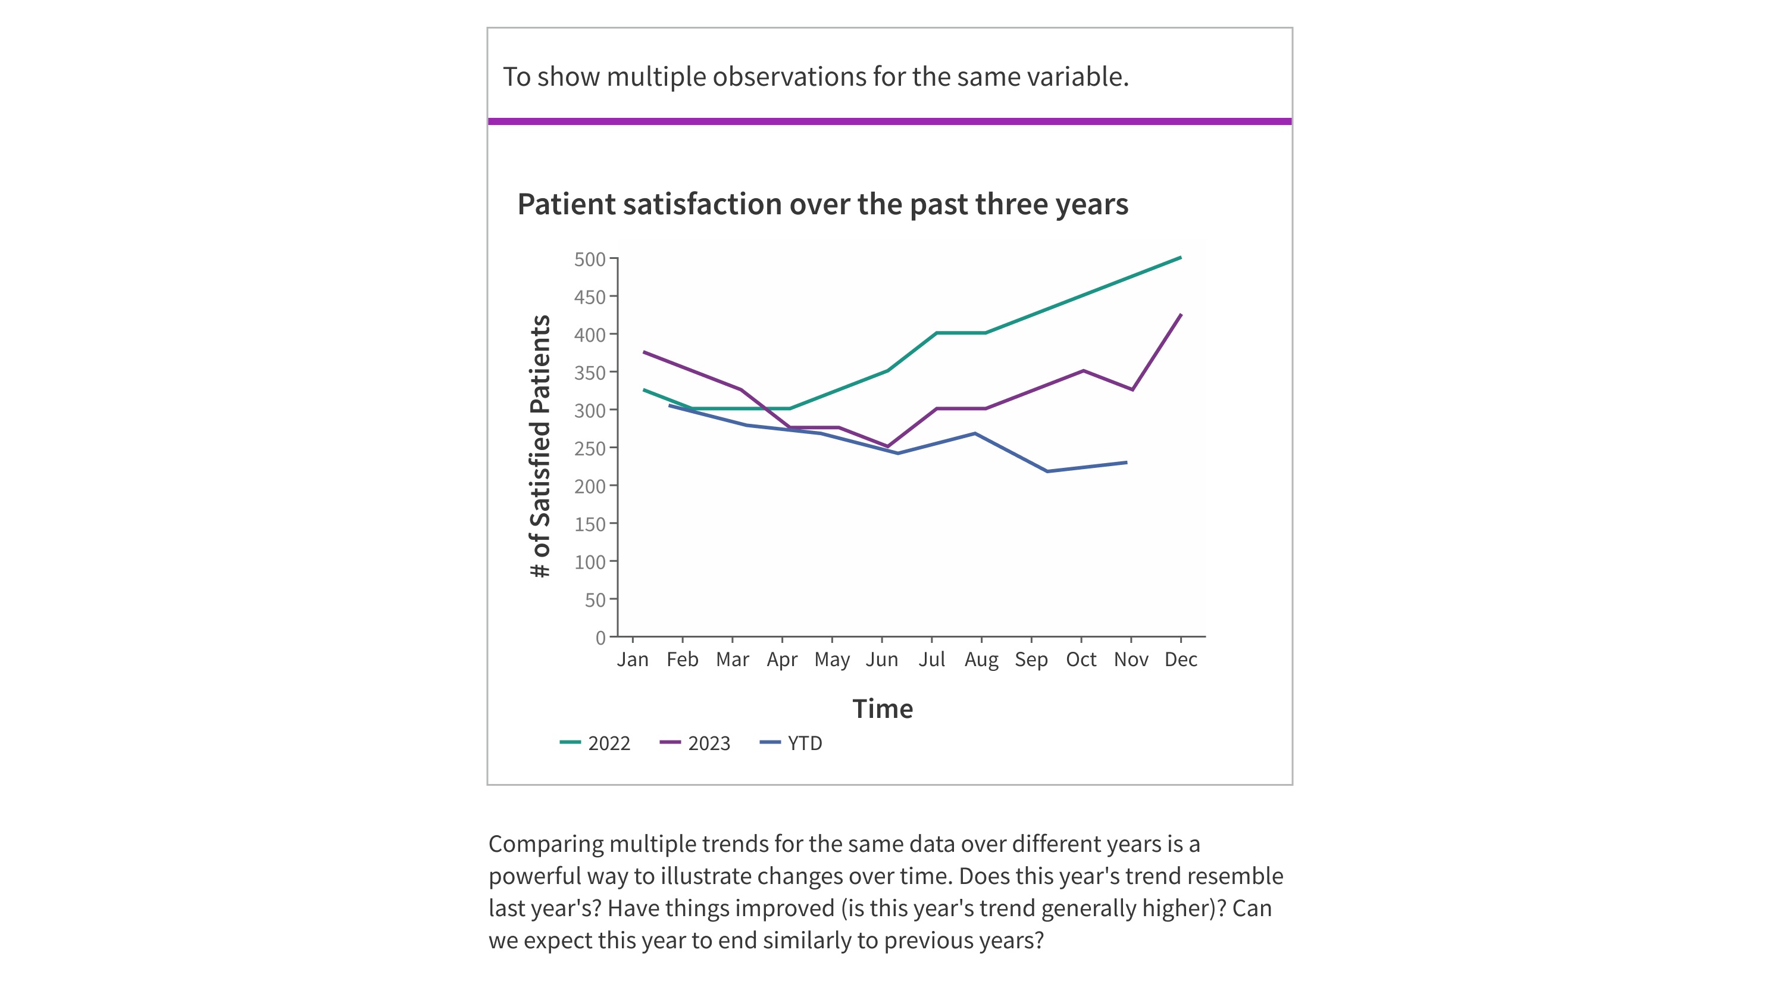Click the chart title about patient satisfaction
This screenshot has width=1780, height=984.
[822, 205]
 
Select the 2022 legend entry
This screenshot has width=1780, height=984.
[596, 743]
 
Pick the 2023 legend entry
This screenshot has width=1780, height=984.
[696, 743]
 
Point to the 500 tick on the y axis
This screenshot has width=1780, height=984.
[589, 259]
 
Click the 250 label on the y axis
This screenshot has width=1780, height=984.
[589, 448]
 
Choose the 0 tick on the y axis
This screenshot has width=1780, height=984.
[600, 638]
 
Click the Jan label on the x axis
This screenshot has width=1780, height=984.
[632, 659]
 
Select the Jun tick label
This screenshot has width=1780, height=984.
[882, 659]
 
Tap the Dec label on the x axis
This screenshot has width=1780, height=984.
[1180, 659]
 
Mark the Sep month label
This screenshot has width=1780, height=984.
[1031, 659]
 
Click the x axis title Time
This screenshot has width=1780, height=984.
[883, 709]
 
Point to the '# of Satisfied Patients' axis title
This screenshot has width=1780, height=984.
[540, 446]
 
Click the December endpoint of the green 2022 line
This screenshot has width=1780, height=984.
[1180, 258]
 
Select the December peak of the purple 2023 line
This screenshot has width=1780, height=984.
[1180, 315]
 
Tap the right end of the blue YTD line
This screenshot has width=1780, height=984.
[1127, 463]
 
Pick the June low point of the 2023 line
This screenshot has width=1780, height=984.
[887, 446]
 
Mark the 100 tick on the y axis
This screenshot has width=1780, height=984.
[589, 562]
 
